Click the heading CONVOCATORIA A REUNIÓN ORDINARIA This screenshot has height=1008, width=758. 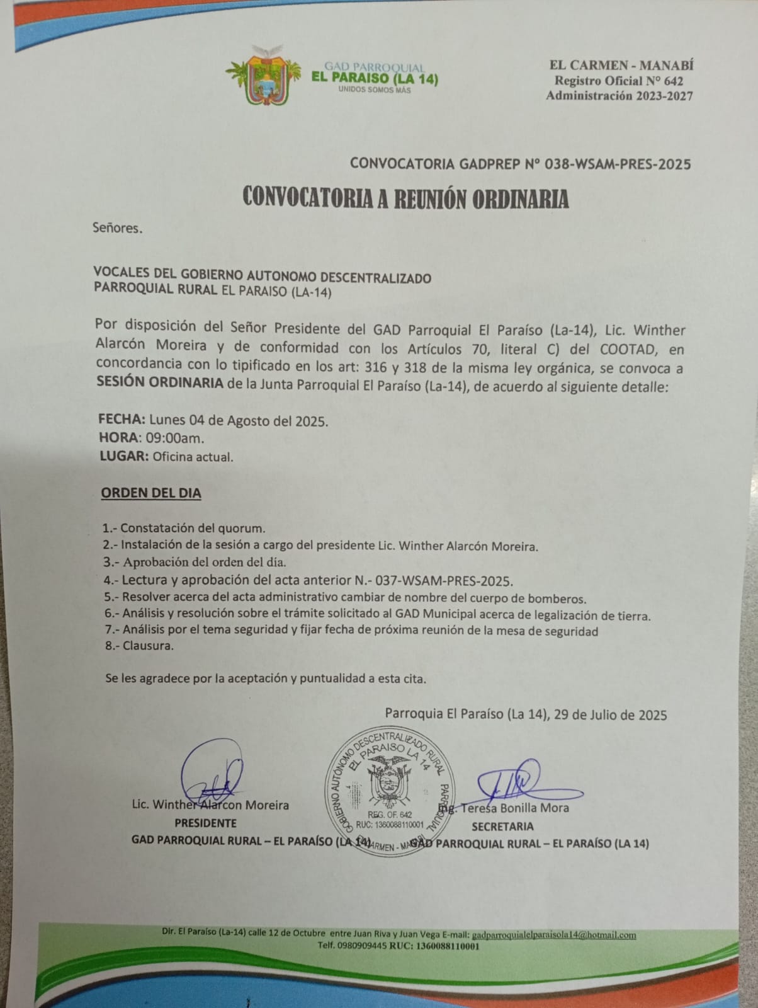tap(405, 198)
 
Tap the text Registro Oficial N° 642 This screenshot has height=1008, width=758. tap(618, 81)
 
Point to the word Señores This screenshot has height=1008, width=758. tap(117, 228)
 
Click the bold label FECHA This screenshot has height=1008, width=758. tap(122, 420)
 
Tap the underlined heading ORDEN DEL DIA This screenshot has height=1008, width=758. tap(151, 493)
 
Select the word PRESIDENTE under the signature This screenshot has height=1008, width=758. tap(206, 823)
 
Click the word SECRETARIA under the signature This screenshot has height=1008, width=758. tap(502, 826)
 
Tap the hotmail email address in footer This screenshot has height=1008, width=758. tap(553, 936)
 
